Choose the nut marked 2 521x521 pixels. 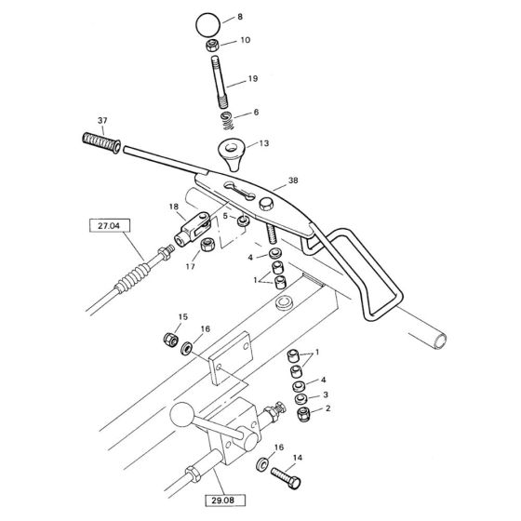pyautogui.click(x=303, y=416)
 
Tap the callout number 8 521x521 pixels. pyautogui.click(x=241, y=18)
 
